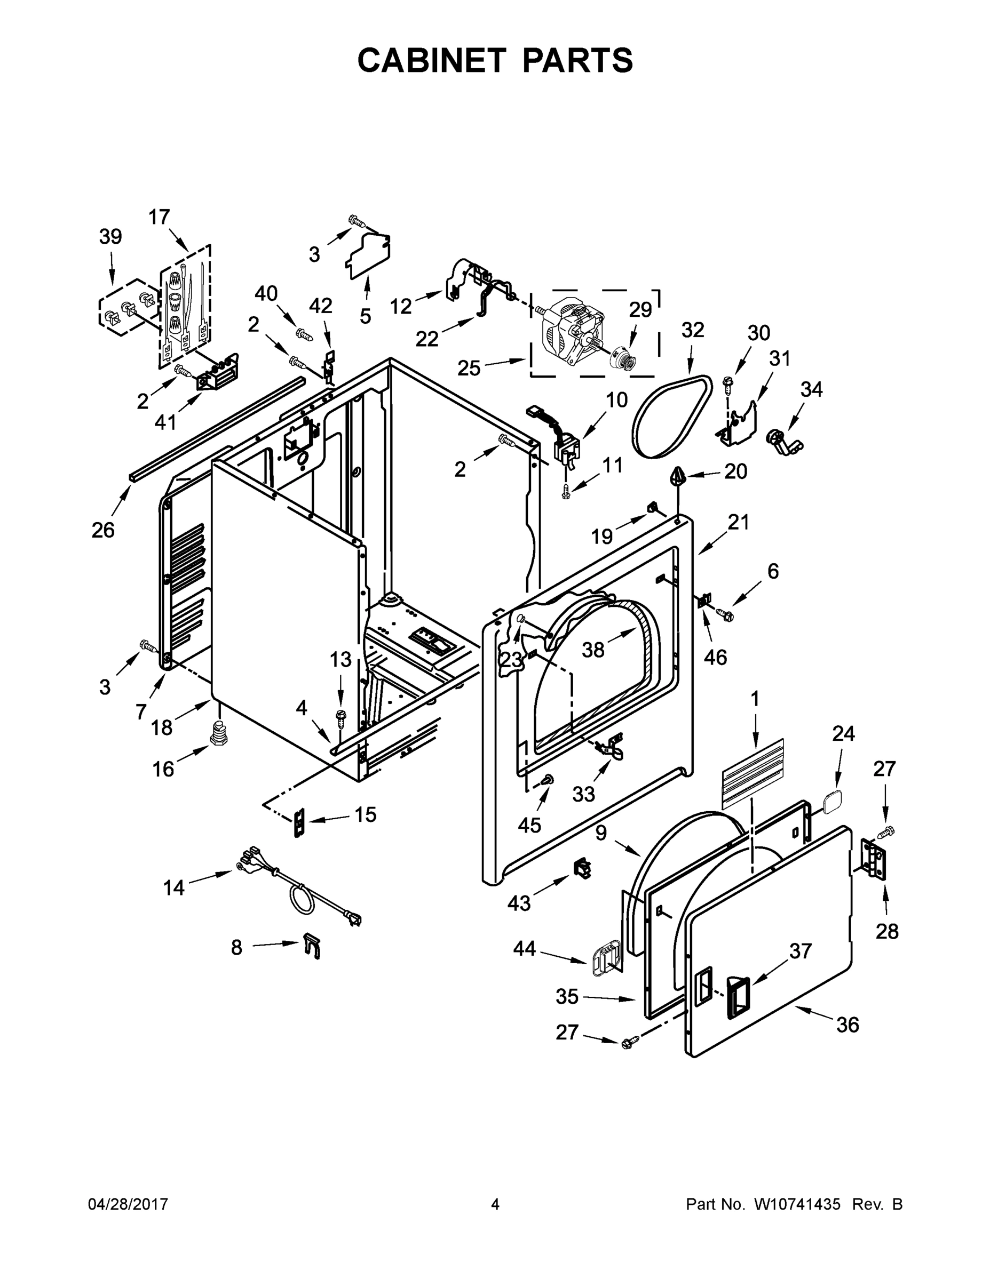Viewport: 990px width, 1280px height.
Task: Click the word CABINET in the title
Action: (431, 60)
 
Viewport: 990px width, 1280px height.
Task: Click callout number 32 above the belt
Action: (692, 331)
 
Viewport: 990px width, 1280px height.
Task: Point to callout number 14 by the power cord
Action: (173, 888)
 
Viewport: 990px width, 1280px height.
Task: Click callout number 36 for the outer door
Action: (848, 1025)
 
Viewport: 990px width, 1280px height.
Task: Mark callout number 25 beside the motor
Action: (469, 368)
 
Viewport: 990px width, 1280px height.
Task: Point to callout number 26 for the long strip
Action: (102, 530)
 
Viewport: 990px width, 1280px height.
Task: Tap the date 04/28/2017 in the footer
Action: (128, 1204)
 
